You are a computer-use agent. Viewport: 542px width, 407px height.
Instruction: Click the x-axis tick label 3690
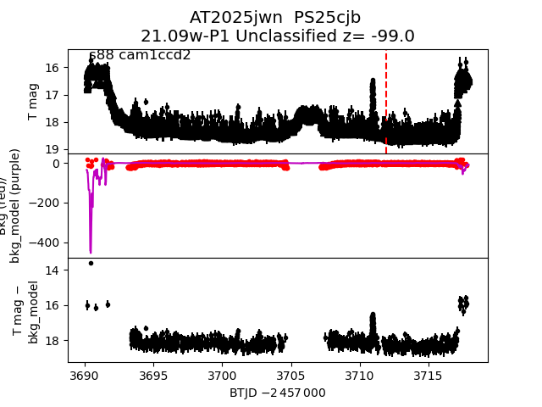point(85,376)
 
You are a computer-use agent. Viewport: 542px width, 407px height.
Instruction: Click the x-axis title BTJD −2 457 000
point(277,393)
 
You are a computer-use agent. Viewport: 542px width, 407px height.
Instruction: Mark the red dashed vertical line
point(386,102)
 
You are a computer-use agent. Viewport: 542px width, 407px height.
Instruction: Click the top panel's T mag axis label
point(34,102)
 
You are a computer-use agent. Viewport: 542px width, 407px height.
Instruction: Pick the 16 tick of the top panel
point(52,68)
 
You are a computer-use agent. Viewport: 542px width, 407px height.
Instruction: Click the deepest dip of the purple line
point(91,251)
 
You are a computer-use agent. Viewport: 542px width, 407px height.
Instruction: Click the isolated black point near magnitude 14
point(91,263)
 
